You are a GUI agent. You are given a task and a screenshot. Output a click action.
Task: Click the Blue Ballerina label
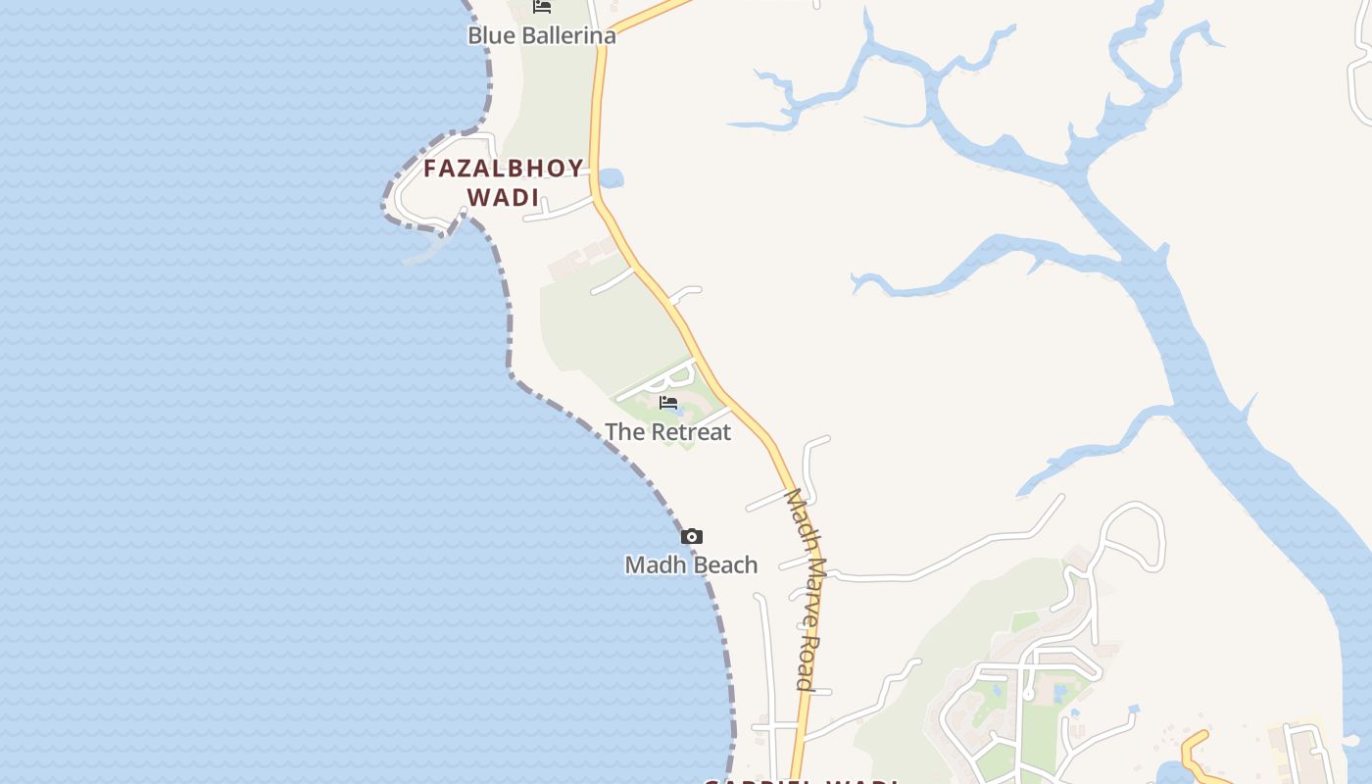pos(541,36)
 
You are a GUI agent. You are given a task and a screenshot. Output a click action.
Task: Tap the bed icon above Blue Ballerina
pos(542,7)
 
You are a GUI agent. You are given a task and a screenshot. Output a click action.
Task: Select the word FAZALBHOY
pos(504,169)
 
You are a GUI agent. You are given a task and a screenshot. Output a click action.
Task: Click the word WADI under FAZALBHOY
pos(504,197)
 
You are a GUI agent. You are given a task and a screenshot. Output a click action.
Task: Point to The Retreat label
pos(667,432)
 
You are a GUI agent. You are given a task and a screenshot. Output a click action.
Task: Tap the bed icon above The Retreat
pos(669,403)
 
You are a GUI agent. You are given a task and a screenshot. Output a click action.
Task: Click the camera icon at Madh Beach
pos(692,536)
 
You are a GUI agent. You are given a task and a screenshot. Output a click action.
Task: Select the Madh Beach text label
pos(691,565)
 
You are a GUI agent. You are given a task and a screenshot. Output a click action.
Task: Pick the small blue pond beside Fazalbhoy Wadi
pos(610,178)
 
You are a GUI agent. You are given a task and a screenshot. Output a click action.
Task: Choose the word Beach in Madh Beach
pos(726,565)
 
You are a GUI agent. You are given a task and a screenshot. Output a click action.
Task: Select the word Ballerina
pos(568,36)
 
